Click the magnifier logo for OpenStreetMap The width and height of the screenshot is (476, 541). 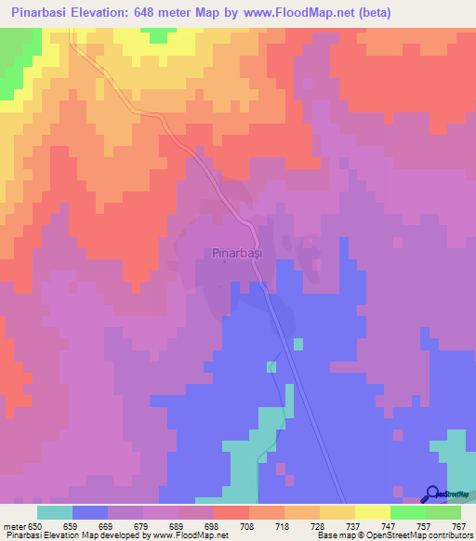(433, 495)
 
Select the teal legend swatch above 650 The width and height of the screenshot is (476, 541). (55, 512)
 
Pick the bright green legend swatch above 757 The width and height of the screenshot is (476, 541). (408, 512)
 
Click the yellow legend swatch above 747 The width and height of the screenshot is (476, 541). (373, 512)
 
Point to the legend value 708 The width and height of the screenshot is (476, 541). (247, 526)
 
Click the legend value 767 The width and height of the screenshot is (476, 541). (458, 526)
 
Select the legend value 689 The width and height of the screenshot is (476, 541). (177, 526)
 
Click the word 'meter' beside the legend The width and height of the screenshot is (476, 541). (16, 526)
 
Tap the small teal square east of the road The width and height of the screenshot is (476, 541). (297, 344)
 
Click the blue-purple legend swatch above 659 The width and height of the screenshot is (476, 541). (90, 512)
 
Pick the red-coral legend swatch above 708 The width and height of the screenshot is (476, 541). (231, 512)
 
